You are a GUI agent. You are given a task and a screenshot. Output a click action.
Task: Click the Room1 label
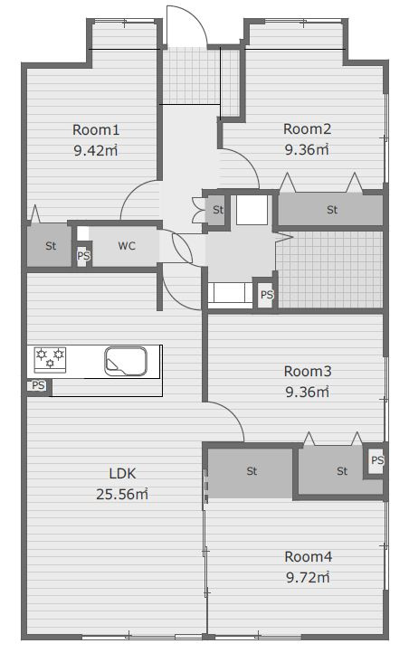(x=96, y=130)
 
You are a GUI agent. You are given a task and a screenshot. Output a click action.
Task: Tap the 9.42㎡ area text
(x=96, y=150)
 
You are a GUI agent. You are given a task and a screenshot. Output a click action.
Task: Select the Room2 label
(x=307, y=129)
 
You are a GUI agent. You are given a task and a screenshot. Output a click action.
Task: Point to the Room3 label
(x=308, y=371)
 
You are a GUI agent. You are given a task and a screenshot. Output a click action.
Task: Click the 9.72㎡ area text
(x=308, y=577)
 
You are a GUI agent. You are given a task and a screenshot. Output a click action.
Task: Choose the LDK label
(x=122, y=474)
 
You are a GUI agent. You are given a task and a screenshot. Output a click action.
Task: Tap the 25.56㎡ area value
(x=122, y=495)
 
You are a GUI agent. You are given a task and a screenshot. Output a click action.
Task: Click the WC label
(x=127, y=246)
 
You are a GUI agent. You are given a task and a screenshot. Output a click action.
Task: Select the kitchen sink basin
(x=126, y=361)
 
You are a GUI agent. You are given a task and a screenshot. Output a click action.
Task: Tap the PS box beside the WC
(x=84, y=255)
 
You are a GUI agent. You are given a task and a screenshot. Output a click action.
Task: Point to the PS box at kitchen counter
(x=38, y=385)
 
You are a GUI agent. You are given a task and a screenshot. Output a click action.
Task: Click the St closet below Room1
(x=50, y=246)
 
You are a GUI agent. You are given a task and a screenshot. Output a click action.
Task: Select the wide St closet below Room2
(x=330, y=210)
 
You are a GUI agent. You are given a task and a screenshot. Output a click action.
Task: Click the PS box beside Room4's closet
(x=376, y=460)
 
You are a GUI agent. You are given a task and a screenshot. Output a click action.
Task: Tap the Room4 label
(x=309, y=556)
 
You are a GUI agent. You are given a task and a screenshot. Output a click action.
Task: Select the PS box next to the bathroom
(x=267, y=295)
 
